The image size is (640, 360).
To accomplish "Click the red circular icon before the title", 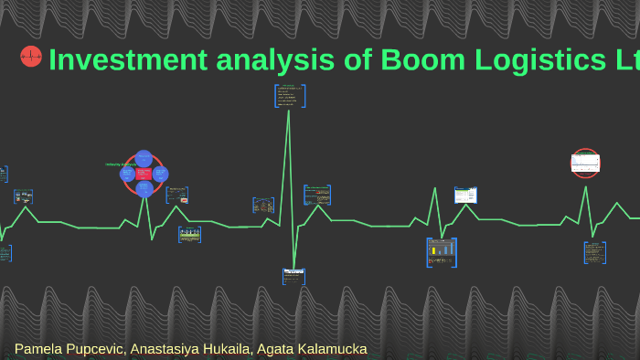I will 31,57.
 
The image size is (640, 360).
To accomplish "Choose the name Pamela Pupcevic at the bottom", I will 71,349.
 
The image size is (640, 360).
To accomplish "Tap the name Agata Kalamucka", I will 315,349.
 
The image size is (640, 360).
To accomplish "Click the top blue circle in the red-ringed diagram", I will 144,157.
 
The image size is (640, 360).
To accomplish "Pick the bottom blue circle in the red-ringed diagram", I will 144,189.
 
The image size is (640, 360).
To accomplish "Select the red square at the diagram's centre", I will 144,174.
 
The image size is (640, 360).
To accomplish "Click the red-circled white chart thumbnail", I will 585,163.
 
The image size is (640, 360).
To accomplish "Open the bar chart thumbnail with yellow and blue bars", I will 441,252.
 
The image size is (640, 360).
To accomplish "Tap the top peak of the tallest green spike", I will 289,111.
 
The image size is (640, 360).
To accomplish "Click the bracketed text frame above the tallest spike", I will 290,95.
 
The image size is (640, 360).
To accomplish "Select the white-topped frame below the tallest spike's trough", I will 293,276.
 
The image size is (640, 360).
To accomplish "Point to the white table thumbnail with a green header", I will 465,194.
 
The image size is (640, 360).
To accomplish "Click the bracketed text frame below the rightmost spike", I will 595,252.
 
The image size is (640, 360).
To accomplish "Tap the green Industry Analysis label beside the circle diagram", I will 116,164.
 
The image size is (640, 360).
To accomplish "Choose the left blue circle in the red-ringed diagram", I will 128,174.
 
